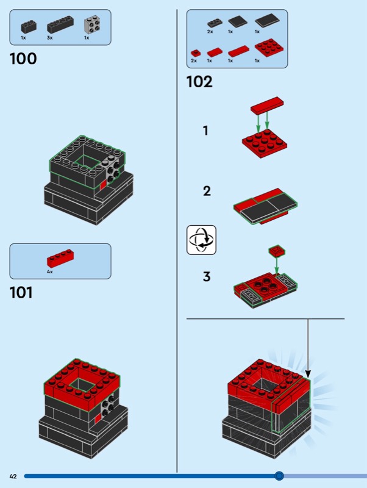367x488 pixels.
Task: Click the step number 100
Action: tap(23, 59)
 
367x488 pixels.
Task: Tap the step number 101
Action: tap(21, 293)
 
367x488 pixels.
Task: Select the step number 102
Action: tap(199, 82)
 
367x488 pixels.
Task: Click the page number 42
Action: tap(13, 476)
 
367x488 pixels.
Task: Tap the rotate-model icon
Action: tap(201, 240)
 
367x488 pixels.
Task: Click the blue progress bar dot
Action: tap(279, 476)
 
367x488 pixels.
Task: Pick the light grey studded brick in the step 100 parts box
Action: tap(93, 26)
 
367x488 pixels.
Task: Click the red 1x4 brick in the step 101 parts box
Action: tap(60, 258)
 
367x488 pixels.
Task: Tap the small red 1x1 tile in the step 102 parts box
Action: tap(196, 53)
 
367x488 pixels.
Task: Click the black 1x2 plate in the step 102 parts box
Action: tap(215, 23)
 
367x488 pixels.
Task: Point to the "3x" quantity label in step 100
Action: tap(50, 38)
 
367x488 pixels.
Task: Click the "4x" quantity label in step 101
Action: tap(50, 271)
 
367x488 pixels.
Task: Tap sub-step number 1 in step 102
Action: tap(205, 131)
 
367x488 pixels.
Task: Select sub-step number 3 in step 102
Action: tap(207, 276)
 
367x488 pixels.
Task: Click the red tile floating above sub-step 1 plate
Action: tap(267, 105)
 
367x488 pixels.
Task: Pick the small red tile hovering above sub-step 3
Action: tap(277, 251)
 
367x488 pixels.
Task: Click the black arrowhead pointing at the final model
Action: tap(308, 374)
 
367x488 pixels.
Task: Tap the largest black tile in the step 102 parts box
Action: tap(267, 21)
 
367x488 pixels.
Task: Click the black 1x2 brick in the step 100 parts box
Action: tap(29, 27)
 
